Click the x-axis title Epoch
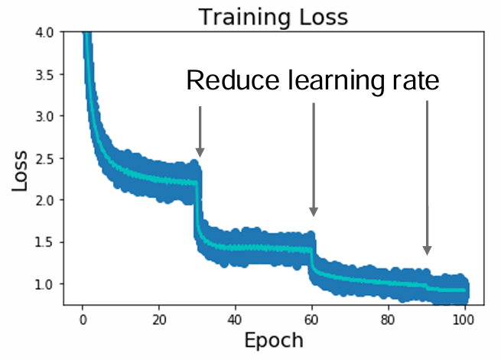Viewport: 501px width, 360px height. pos(272,339)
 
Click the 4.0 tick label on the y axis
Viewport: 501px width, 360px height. pos(45,33)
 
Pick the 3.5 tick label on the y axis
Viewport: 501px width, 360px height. pos(45,75)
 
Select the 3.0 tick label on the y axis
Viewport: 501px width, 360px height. pos(45,116)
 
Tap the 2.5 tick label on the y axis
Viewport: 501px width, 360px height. pos(45,158)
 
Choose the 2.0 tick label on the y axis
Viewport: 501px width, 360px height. pos(45,200)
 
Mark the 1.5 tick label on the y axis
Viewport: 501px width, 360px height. pos(45,242)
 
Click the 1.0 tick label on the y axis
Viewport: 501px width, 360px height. pos(45,284)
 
